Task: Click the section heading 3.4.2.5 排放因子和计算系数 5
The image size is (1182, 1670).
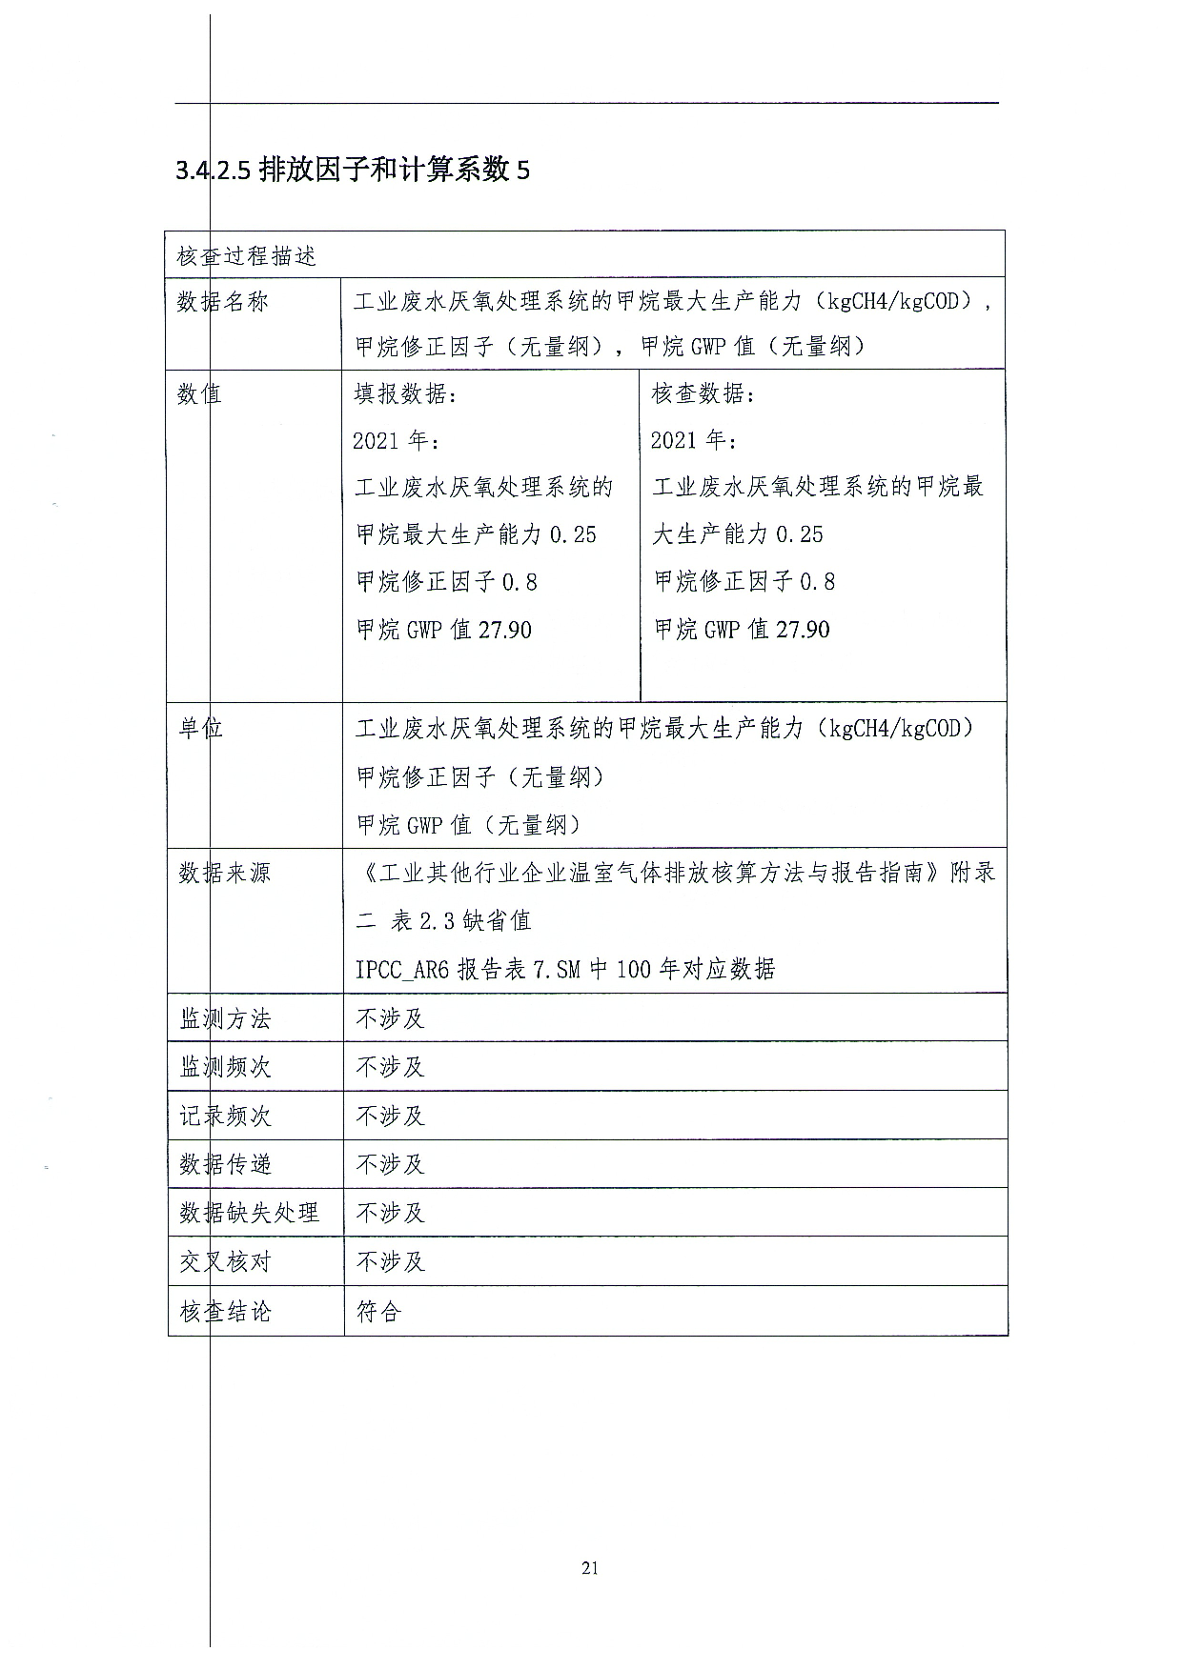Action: [x=353, y=171]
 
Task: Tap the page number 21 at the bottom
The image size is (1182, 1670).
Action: [x=590, y=1568]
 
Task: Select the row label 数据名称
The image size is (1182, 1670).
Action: [x=223, y=302]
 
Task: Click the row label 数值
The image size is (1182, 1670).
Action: [x=199, y=393]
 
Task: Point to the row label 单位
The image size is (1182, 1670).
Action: [x=201, y=729]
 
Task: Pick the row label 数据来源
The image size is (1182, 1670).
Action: [x=225, y=873]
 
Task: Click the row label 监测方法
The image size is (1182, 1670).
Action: [x=225, y=1018]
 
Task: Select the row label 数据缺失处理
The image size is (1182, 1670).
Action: [x=249, y=1213]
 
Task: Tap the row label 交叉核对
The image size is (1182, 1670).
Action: [x=225, y=1261]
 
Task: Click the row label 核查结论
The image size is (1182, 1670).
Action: [x=225, y=1312]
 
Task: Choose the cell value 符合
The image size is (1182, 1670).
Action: [x=378, y=1312]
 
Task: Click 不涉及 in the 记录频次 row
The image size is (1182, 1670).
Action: [x=390, y=1116]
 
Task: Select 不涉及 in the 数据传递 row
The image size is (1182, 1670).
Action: [x=390, y=1164]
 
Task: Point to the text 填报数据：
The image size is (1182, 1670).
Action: [x=405, y=393]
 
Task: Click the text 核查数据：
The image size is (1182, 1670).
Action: [x=703, y=393]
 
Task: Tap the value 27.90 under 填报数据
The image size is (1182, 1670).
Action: [x=505, y=630]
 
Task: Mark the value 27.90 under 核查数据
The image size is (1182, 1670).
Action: [x=804, y=630]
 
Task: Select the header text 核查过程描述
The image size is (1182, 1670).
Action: [x=246, y=256]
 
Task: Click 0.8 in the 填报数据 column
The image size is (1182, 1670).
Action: [x=520, y=582]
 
